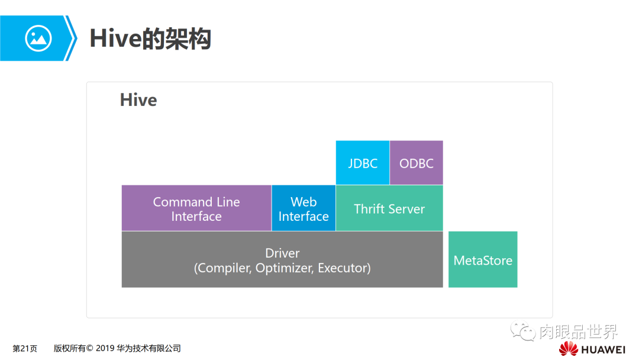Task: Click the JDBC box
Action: (362, 163)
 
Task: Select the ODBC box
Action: (416, 163)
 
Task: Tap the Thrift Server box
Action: (389, 208)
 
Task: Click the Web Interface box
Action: (304, 208)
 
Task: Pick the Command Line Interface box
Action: (196, 208)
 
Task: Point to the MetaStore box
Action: (483, 260)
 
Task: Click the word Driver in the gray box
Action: (282, 253)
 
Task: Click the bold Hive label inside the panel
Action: (138, 99)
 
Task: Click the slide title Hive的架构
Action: (150, 38)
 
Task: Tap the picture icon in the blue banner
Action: (38, 38)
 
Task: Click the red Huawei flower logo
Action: (568, 349)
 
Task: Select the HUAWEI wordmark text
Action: (603, 349)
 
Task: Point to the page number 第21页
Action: (25, 349)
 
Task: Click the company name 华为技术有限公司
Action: (151, 349)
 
